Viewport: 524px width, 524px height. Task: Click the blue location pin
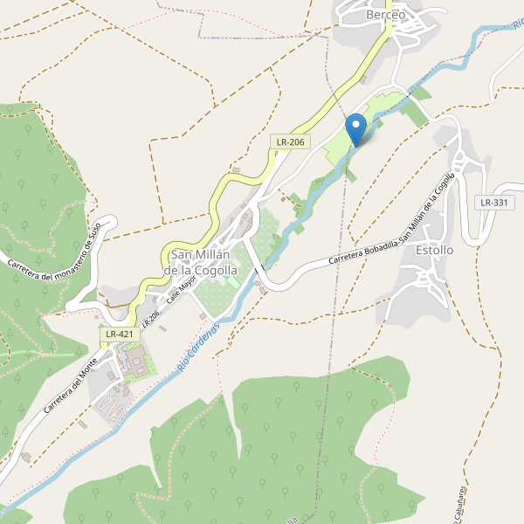click(x=356, y=128)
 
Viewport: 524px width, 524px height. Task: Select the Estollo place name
click(x=435, y=250)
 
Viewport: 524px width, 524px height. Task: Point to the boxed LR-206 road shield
click(x=290, y=141)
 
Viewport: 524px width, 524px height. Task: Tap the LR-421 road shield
click(x=119, y=334)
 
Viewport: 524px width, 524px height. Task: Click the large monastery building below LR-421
click(x=135, y=361)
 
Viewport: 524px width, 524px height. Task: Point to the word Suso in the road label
click(x=93, y=231)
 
